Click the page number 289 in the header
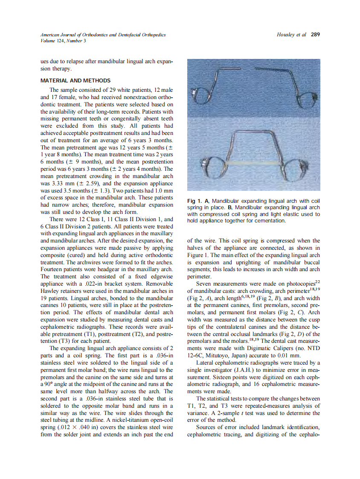click(315, 35)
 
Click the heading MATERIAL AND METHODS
click(75, 81)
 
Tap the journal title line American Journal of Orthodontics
click(103, 35)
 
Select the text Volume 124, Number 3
click(63, 41)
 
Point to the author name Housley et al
click(291, 35)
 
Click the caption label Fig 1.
click(195, 201)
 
